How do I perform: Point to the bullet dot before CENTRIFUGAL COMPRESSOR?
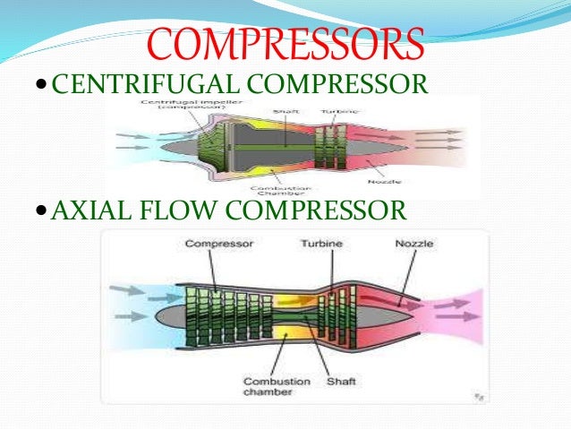(44, 86)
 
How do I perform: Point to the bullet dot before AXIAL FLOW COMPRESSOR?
(44, 212)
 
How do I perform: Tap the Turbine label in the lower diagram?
(322, 244)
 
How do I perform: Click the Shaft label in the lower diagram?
(340, 382)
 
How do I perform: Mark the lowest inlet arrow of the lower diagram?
(131, 315)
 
